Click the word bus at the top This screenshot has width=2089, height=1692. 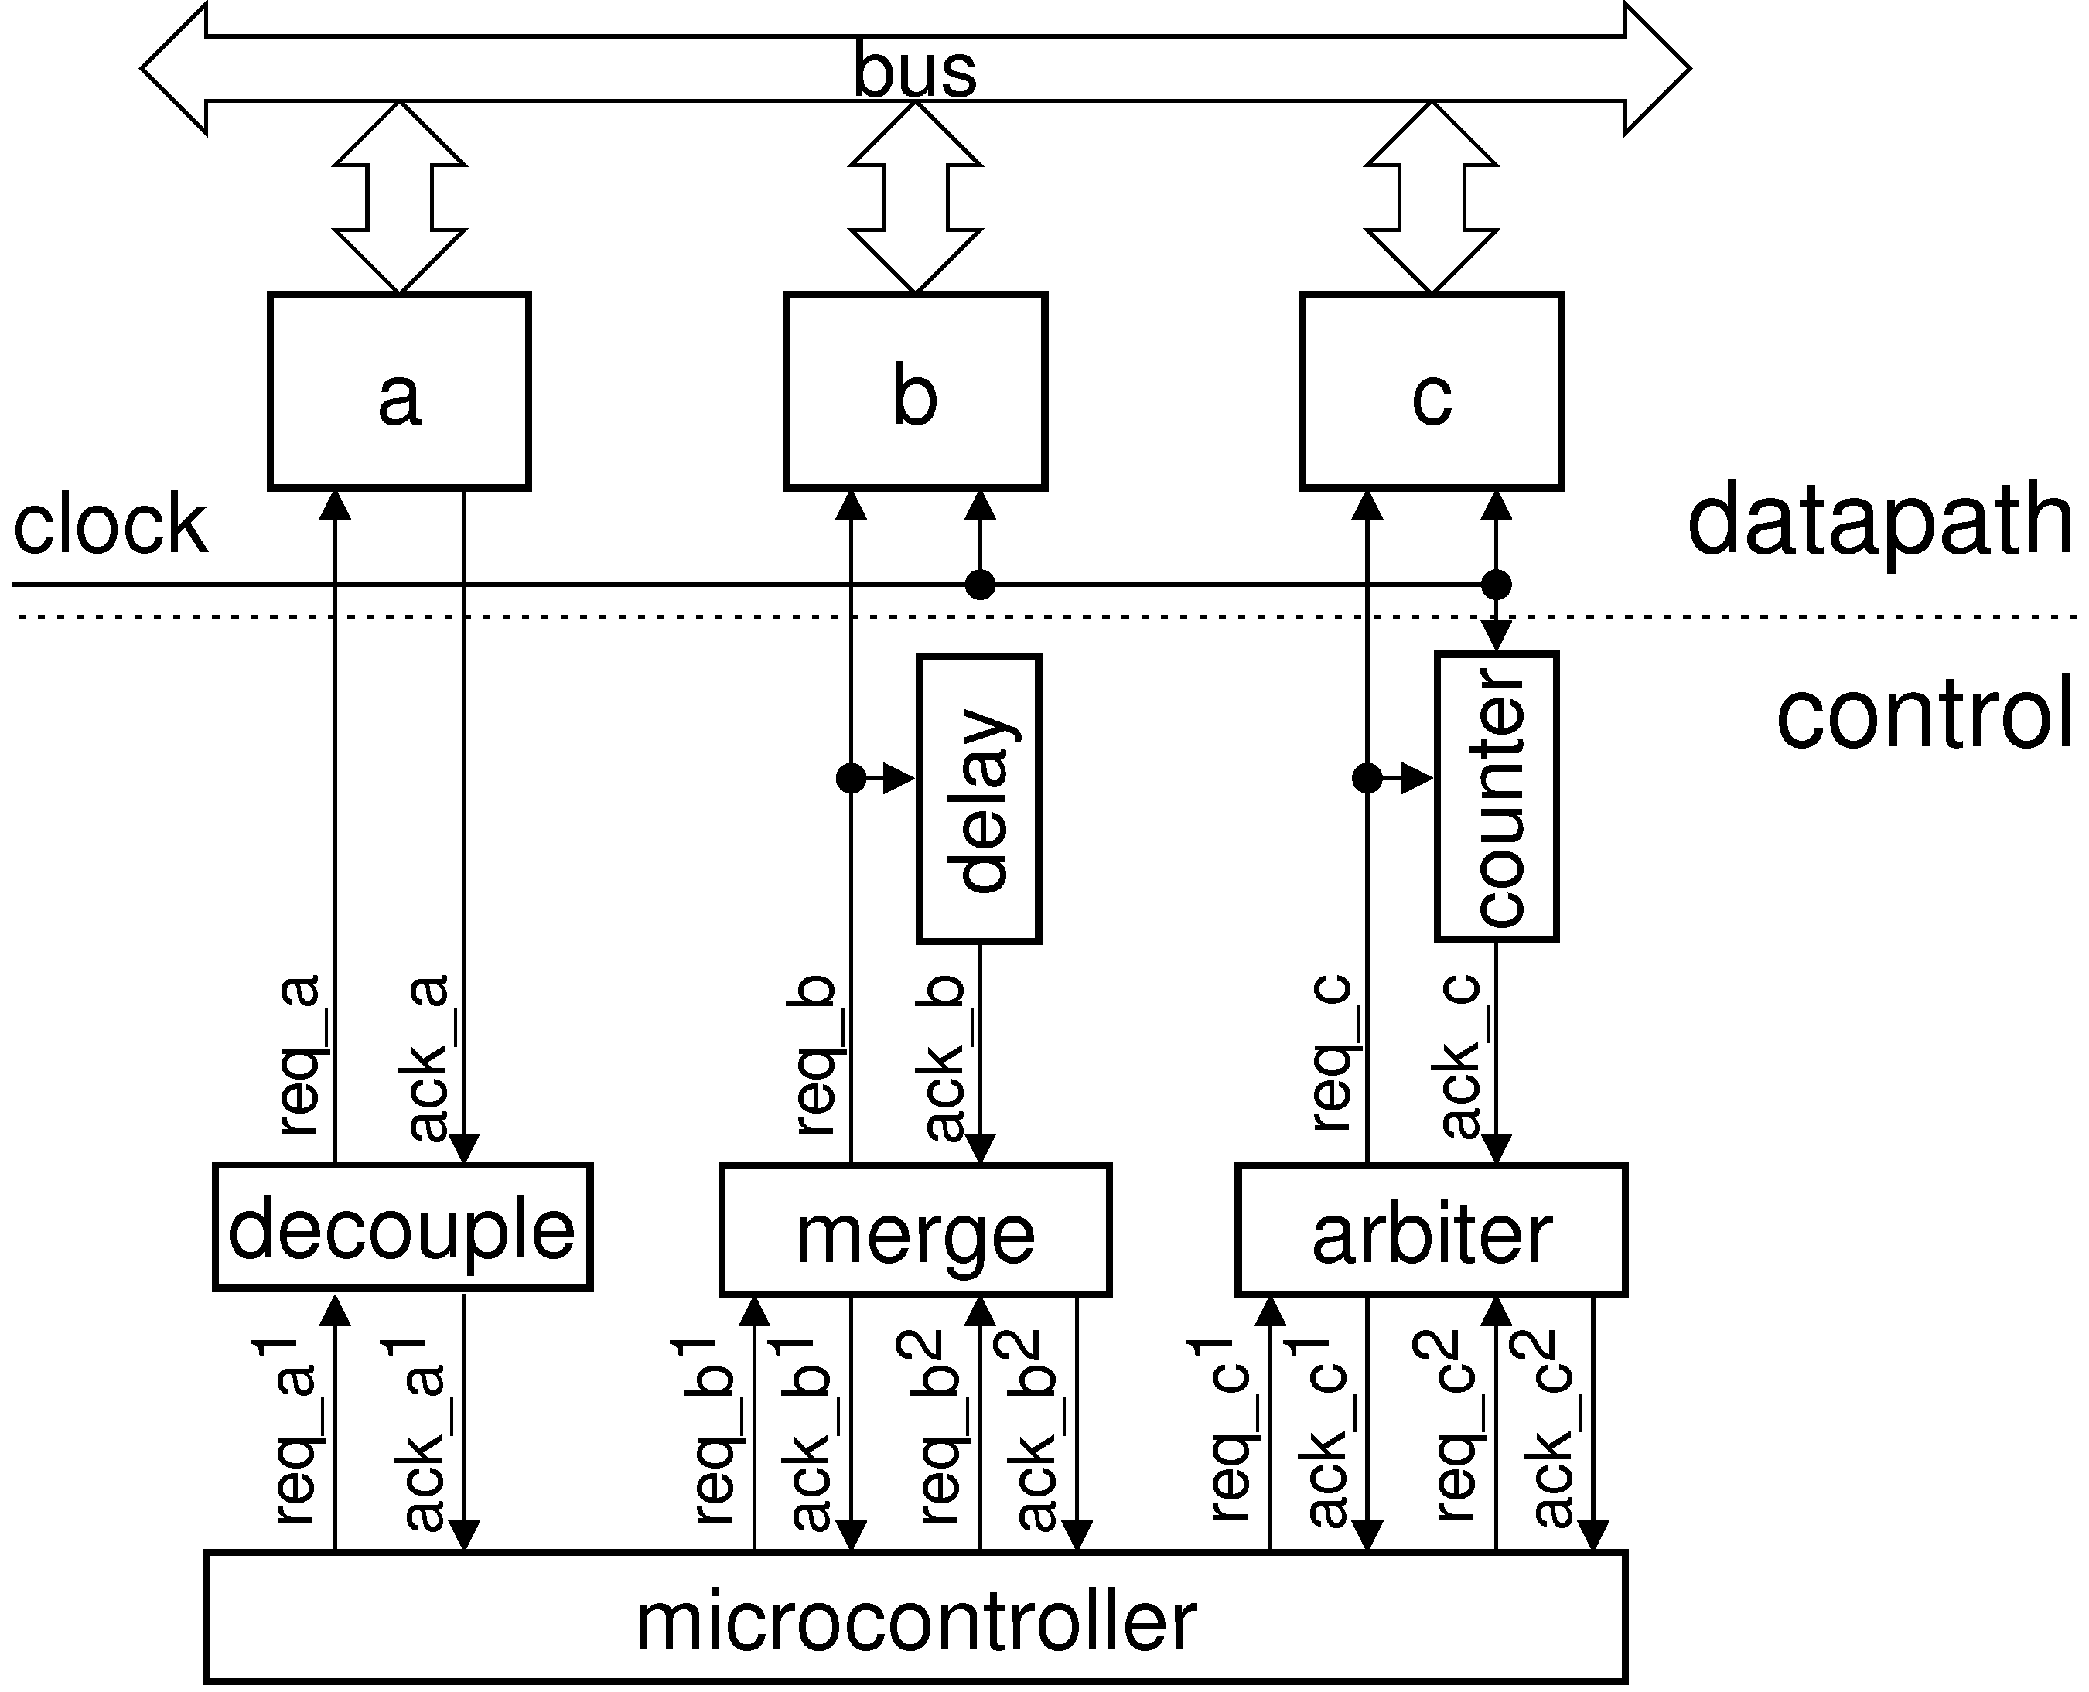coord(914,70)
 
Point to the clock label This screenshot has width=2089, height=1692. coord(110,524)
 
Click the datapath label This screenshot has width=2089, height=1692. coord(1880,524)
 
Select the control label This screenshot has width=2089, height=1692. coord(1924,716)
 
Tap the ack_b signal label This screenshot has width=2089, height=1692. coord(944,1058)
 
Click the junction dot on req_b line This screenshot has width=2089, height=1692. coord(851,779)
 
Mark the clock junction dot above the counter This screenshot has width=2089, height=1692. coord(1497,585)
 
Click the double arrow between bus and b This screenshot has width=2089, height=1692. coord(915,198)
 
